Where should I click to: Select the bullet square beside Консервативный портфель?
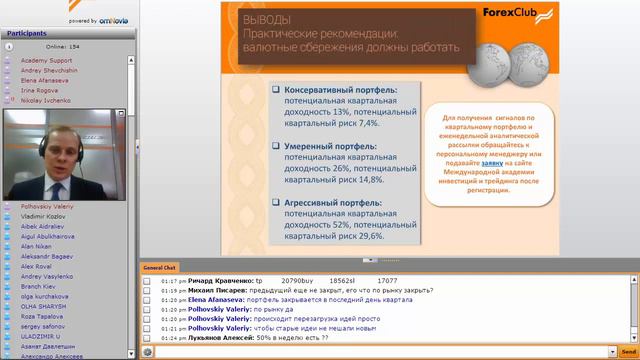tap(275, 90)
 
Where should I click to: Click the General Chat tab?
tap(160, 268)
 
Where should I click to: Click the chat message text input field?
tap(375, 352)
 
